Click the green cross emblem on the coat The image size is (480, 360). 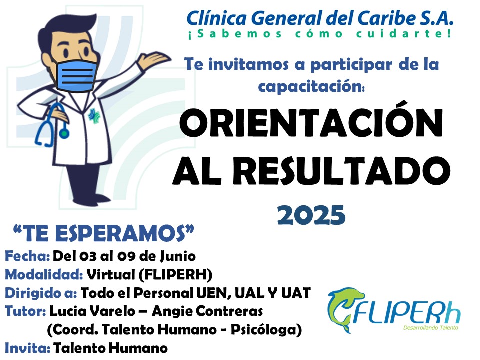point(94,116)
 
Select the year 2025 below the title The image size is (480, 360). point(311,215)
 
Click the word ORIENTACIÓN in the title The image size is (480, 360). point(311,120)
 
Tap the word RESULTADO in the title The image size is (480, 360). point(344,170)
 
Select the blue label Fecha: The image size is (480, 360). point(27,256)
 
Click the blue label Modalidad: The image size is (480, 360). point(44,274)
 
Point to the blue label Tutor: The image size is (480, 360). point(25,311)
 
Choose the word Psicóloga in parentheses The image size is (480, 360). point(266,330)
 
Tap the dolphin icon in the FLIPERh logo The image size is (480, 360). point(344,309)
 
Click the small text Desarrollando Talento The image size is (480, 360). point(430,328)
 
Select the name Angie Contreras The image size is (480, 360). point(207,311)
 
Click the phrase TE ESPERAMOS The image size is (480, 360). point(104,233)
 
